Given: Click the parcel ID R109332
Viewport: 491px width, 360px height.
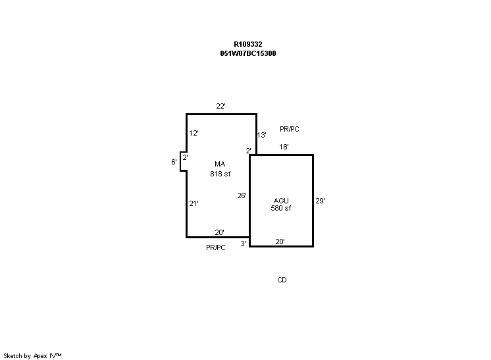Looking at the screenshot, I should [x=247, y=45].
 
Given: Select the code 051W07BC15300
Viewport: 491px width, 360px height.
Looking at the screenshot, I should [x=247, y=53].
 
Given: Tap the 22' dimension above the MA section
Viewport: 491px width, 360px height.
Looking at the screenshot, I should [x=221, y=106].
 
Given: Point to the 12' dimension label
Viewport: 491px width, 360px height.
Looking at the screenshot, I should [x=194, y=133].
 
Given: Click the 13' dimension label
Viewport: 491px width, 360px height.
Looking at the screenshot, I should [x=261, y=135].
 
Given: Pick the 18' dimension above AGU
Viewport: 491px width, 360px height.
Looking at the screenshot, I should [x=284, y=147].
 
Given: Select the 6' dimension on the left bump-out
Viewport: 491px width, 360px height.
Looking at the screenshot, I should [x=174, y=161].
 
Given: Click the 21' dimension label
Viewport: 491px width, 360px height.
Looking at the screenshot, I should [x=194, y=203].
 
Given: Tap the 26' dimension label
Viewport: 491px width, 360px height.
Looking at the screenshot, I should [x=242, y=195].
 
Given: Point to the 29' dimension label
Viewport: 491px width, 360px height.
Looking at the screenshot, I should [x=320, y=201].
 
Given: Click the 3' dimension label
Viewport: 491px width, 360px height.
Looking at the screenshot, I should [x=243, y=244].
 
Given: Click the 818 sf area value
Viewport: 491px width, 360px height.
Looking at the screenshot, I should [x=220, y=174].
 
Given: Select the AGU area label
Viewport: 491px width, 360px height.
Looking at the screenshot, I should [x=281, y=200].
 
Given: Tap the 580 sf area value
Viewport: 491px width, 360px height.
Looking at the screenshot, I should [x=281, y=208].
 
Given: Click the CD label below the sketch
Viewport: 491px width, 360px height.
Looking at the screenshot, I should [x=282, y=280].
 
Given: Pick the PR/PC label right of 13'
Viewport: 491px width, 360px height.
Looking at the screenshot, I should [x=290, y=130].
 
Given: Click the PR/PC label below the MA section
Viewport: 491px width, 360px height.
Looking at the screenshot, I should [x=215, y=247].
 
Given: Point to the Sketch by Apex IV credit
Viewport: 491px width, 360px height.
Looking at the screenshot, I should [x=32, y=355].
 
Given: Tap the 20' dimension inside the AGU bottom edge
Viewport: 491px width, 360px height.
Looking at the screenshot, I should [x=280, y=242].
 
